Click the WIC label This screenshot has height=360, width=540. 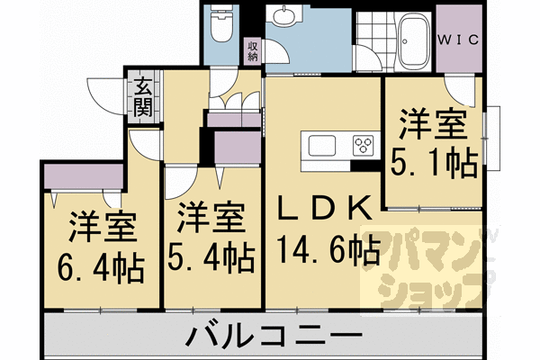[458, 40]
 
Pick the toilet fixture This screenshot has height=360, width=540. [219, 28]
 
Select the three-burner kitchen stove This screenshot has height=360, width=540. [365, 145]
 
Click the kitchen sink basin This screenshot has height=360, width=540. [321, 145]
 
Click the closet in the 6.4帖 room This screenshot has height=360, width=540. [82, 175]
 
